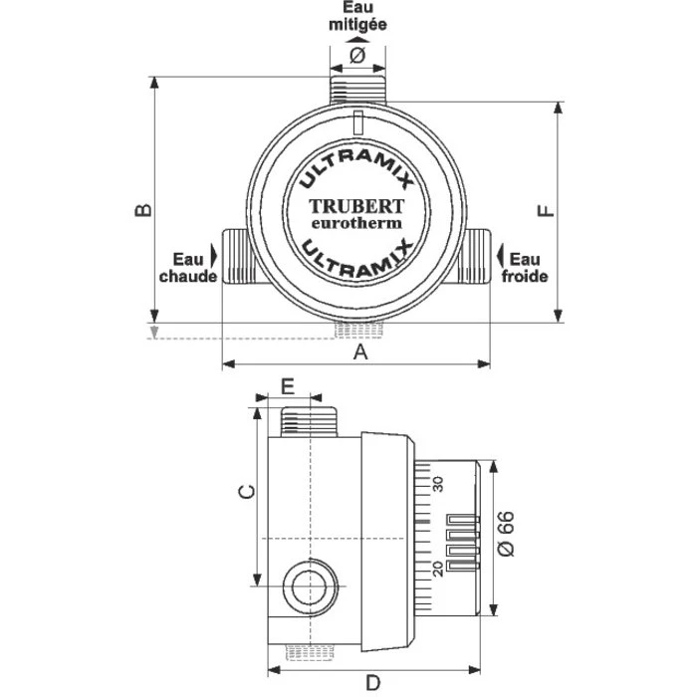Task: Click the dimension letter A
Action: (361, 352)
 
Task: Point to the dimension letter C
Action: (249, 490)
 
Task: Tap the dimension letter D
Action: (372, 682)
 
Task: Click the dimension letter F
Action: (545, 211)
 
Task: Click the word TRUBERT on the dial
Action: (356, 206)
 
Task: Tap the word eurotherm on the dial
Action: (357, 223)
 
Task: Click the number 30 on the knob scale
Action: (437, 483)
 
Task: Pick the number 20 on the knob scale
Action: (437, 569)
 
